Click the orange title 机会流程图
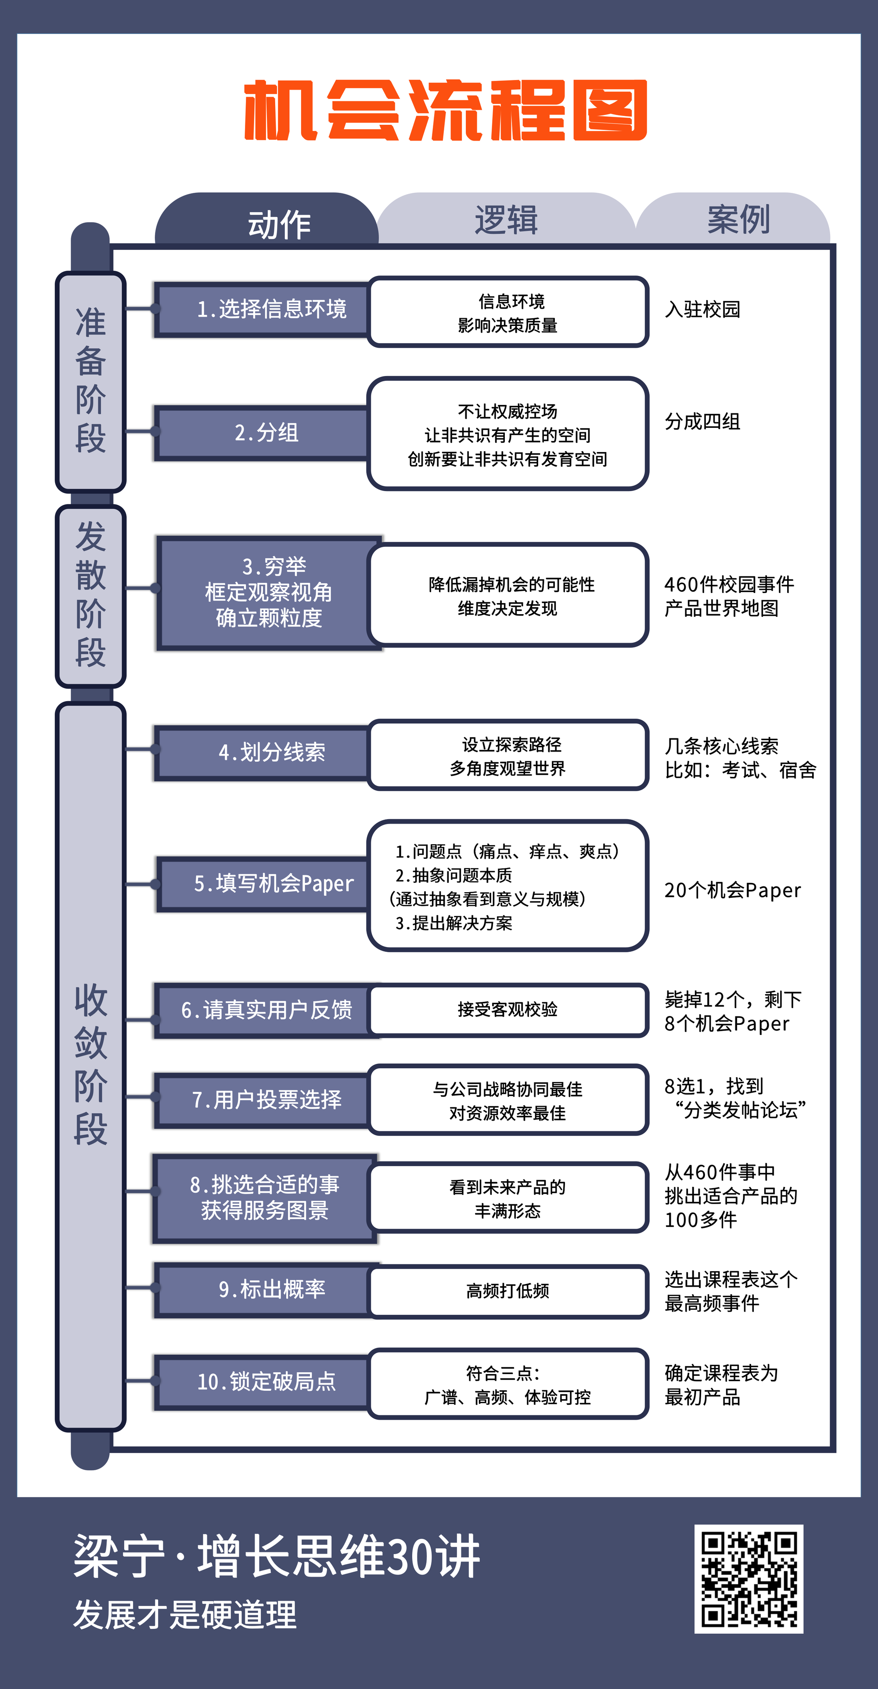pyautogui.click(x=446, y=110)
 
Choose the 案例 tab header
pyautogui.click(x=738, y=219)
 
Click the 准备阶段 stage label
pyautogui.click(x=90, y=380)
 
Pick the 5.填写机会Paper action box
pyautogui.click(x=265, y=883)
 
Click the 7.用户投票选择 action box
pyautogui.click(x=265, y=1099)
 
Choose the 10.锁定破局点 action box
pyautogui.click(x=265, y=1382)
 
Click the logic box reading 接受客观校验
pyautogui.click(x=508, y=1010)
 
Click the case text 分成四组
pyautogui.click(x=702, y=422)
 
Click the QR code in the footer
pyautogui.click(x=748, y=1578)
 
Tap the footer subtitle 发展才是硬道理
pyautogui.click(x=185, y=1614)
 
